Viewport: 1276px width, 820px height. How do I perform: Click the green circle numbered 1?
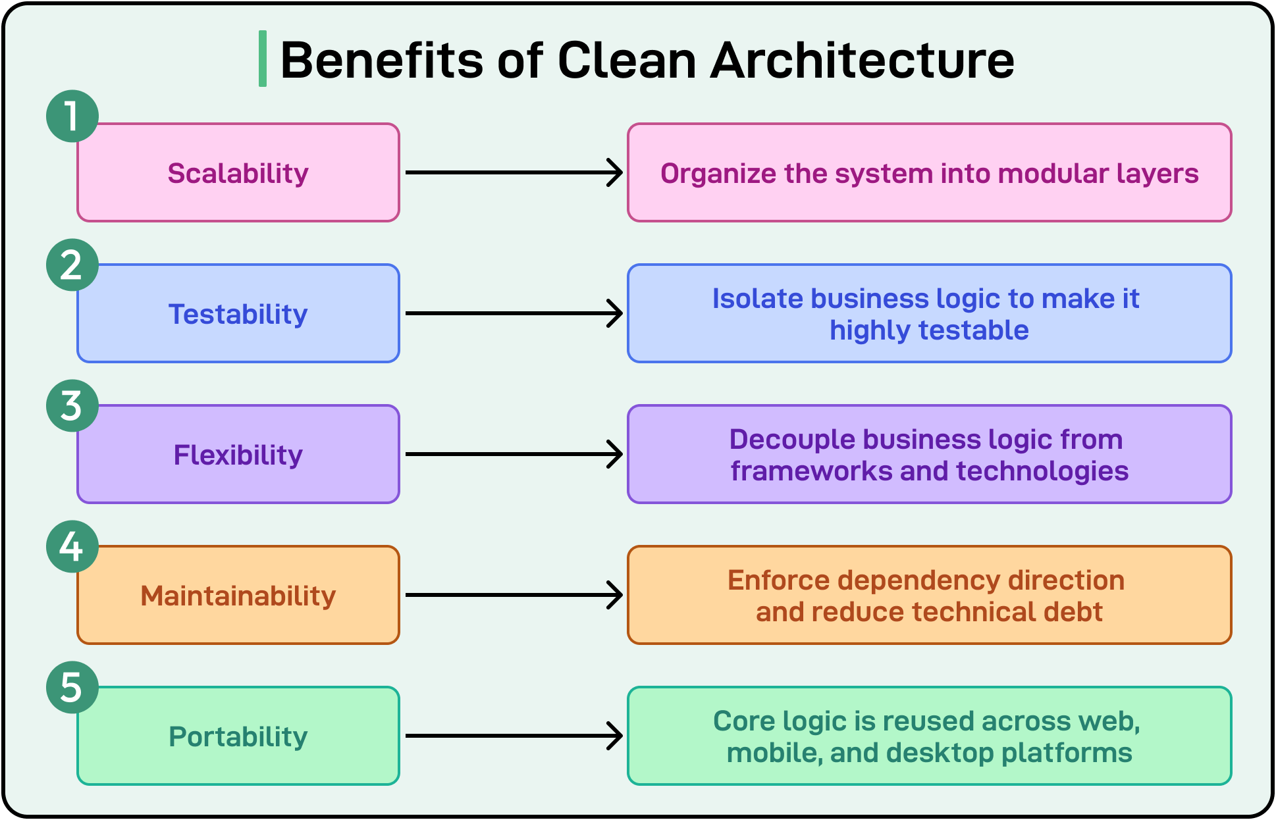click(x=72, y=116)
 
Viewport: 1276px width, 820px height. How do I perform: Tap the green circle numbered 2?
click(x=72, y=265)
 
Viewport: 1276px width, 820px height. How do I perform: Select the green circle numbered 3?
click(x=72, y=405)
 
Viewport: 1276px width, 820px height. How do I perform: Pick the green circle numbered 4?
click(x=72, y=546)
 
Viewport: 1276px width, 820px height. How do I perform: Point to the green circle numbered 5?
click(x=72, y=687)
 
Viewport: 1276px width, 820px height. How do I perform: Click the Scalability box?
click(x=238, y=173)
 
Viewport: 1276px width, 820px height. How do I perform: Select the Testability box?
click(x=238, y=314)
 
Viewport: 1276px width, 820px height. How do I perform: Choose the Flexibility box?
click(x=238, y=455)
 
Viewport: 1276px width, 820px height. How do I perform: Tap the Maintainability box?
click(x=238, y=596)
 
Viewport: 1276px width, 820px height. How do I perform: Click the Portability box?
click(x=238, y=736)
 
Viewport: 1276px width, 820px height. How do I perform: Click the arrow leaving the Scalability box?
click(x=514, y=172)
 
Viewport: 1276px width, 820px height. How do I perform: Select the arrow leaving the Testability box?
click(x=514, y=313)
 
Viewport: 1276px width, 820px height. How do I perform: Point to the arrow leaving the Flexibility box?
click(x=514, y=454)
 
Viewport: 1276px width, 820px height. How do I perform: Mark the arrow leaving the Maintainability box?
click(x=514, y=595)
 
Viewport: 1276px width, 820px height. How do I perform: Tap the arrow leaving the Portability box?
click(x=514, y=736)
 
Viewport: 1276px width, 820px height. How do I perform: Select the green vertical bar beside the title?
click(x=263, y=59)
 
